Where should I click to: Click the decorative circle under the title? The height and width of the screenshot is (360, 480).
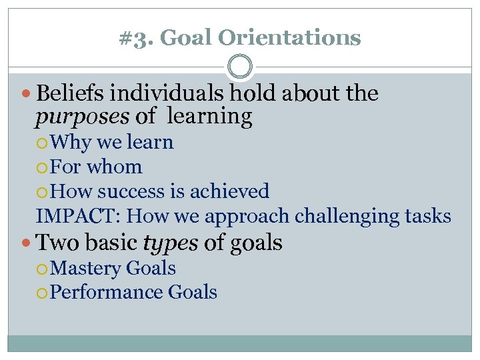tap(240, 67)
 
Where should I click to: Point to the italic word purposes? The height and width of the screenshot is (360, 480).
tap(83, 117)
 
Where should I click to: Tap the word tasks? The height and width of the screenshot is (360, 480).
tap(427, 216)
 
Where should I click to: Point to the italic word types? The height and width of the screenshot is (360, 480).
tap(171, 243)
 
